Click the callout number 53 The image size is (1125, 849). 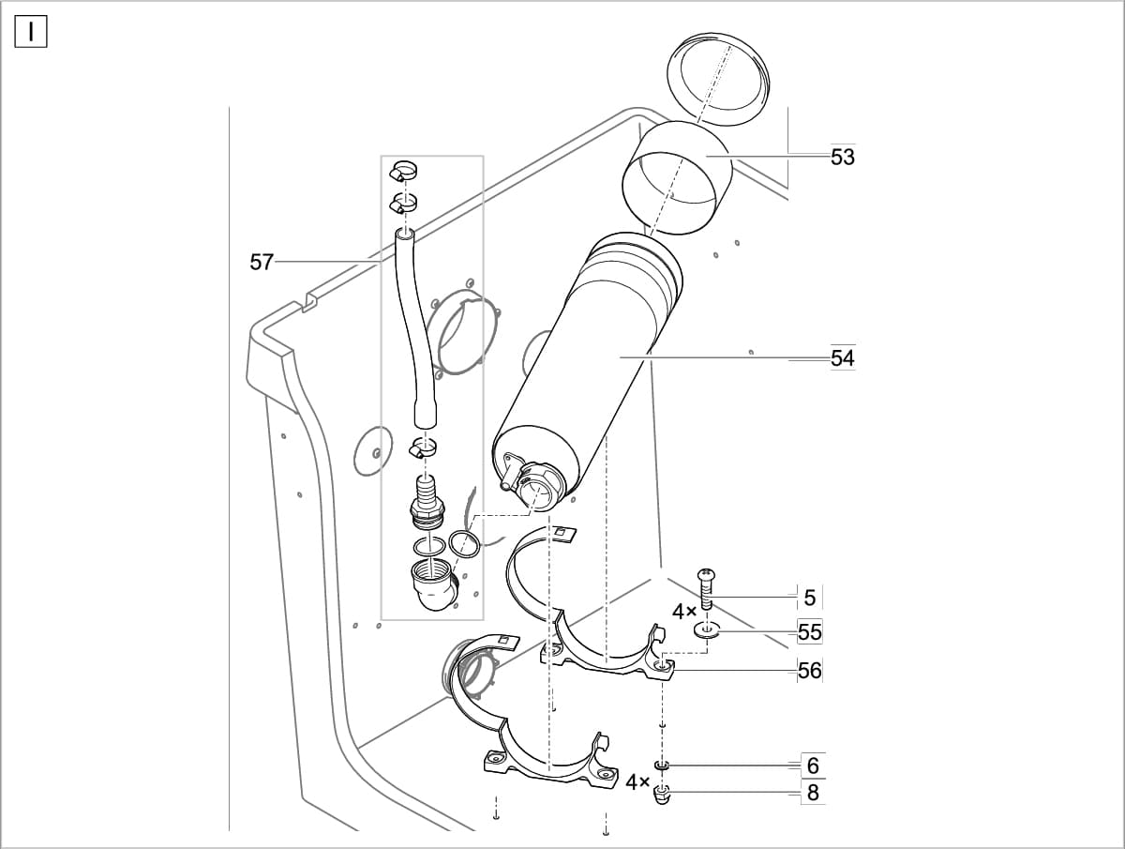[x=843, y=158]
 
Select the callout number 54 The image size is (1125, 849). [x=843, y=358]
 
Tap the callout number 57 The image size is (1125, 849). [x=262, y=263]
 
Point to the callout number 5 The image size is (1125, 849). [x=810, y=598]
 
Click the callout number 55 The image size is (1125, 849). [x=810, y=633]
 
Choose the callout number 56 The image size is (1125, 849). [x=810, y=670]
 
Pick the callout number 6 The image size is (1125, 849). [x=813, y=766]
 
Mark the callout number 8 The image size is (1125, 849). [x=813, y=793]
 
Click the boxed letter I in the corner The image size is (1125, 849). [x=31, y=32]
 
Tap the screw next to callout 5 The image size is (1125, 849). [x=707, y=588]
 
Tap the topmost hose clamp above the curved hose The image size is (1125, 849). [x=404, y=172]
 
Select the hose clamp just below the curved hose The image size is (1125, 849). [x=423, y=448]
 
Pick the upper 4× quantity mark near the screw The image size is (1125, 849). [x=684, y=612]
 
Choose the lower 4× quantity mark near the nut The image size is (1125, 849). [x=638, y=781]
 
